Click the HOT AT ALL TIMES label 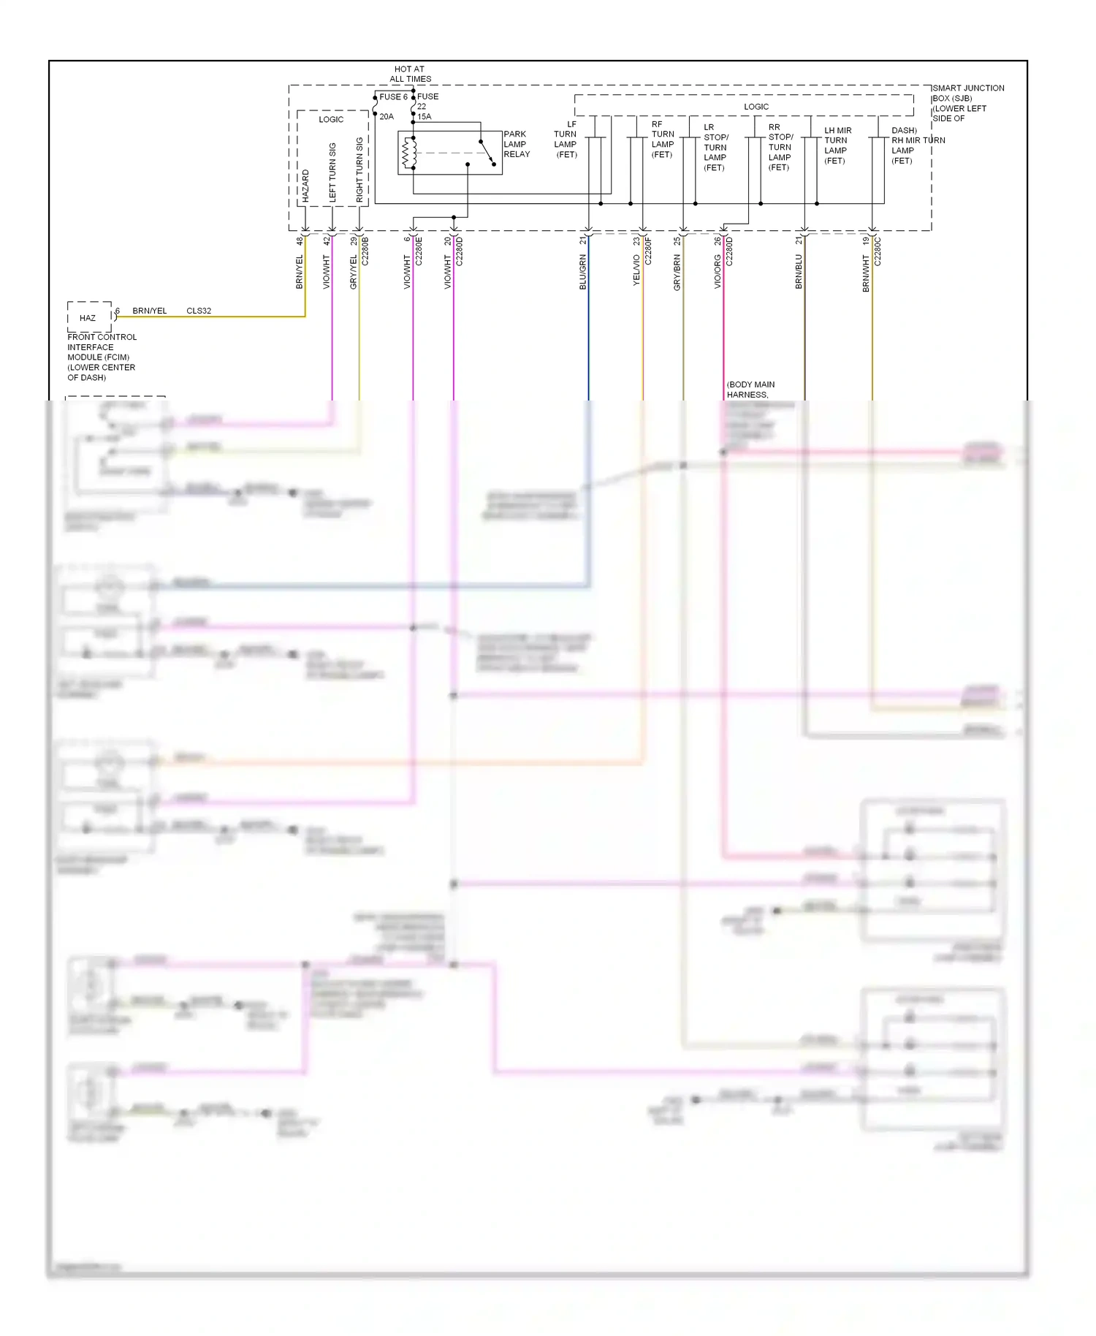coord(410,74)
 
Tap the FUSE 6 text coord(393,96)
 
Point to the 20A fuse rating coord(387,116)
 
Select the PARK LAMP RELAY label coord(516,144)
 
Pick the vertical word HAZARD coord(305,186)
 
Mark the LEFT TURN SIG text coord(332,172)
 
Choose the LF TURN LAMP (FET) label coord(566,140)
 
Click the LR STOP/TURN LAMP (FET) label coord(715,147)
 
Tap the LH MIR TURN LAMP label coord(837,145)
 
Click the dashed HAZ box coord(89,317)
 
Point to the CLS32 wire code coord(199,311)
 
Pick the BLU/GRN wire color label coord(583,272)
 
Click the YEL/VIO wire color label coord(636,270)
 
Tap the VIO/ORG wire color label coord(718,271)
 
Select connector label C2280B coord(365,251)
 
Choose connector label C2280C coord(878,251)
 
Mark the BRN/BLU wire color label coord(799,271)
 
